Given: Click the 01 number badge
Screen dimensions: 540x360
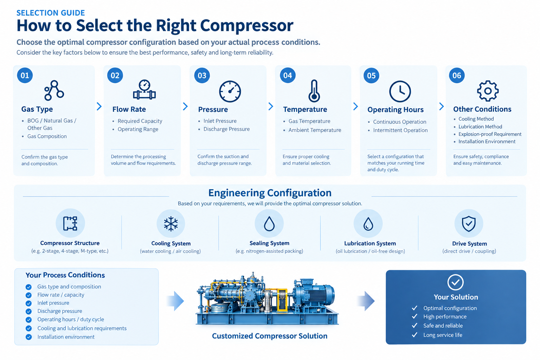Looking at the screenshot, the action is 25,76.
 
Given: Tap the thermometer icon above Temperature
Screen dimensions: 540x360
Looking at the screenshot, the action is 314,91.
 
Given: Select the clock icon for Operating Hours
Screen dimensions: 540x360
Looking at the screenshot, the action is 400,91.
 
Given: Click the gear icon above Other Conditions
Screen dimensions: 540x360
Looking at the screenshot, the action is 488,91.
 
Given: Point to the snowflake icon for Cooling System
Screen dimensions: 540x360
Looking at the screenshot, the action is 171,224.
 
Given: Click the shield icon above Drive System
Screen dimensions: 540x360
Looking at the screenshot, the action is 469,224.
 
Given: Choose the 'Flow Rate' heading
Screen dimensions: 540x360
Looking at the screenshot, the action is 129,109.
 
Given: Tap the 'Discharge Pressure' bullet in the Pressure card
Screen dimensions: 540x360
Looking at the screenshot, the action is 226,129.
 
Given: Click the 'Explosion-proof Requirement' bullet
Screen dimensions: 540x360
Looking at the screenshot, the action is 490,134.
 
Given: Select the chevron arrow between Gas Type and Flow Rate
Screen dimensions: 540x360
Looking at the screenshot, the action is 99,106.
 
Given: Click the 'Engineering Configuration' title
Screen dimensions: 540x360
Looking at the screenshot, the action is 270,193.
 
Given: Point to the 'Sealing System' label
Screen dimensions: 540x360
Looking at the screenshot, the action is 269,243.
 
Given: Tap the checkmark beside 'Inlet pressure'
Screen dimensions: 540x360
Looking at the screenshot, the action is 29,303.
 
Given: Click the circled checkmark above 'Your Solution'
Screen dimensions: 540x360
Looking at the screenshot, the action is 455,282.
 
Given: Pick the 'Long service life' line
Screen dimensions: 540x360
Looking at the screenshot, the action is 443,335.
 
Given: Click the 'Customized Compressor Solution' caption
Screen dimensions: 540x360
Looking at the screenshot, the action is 270,336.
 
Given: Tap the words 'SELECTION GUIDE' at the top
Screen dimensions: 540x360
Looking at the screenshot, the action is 51,13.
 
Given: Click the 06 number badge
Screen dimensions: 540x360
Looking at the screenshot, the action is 457,76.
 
